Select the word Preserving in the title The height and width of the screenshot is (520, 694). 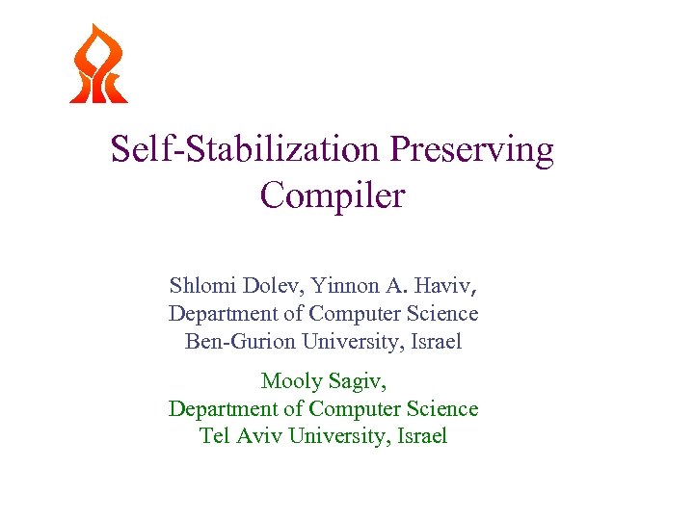pyautogui.click(x=472, y=149)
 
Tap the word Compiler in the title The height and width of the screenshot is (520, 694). pyautogui.click(x=333, y=195)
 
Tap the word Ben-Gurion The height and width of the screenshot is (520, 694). pyautogui.click(x=240, y=341)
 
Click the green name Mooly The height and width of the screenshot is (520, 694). pyautogui.click(x=291, y=381)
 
